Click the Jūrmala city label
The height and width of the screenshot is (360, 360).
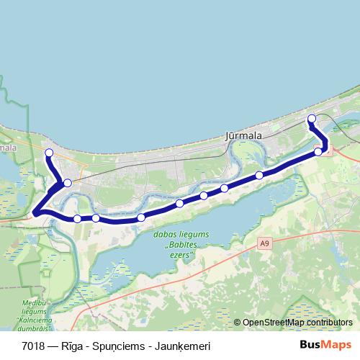coord(243,135)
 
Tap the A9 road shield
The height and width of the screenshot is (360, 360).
coord(266,244)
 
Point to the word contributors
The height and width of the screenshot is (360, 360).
coord(332,323)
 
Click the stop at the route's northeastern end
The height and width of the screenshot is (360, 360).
coord(311,119)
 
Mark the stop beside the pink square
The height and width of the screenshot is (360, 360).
coord(318,151)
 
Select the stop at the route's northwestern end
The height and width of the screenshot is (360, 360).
coord(49,153)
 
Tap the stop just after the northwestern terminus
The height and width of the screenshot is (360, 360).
coord(67,183)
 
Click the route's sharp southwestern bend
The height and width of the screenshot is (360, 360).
coord(35,212)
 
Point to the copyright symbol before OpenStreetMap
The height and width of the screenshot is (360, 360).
coord(238,323)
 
